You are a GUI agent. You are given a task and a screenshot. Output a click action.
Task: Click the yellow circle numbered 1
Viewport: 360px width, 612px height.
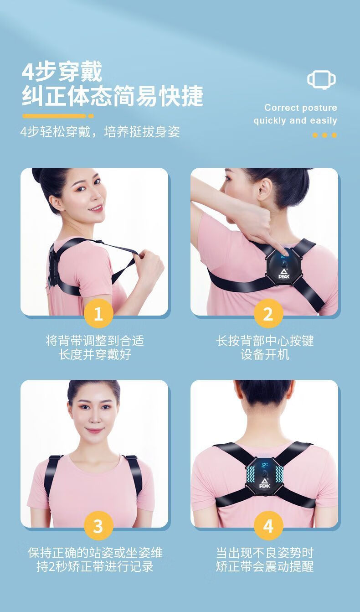(x=98, y=314)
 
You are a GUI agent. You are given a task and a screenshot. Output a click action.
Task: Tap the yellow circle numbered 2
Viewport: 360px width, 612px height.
(x=268, y=314)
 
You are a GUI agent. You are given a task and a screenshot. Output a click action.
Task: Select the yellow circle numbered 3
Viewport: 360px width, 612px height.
(x=98, y=526)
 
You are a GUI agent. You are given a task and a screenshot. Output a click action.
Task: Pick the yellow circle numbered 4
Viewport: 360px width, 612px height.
(x=268, y=526)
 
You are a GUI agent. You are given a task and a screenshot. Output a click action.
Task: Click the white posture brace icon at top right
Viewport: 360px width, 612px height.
(x=321, y=79)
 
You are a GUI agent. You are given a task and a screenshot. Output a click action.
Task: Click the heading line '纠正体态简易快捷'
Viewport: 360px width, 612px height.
(x=113, y=96)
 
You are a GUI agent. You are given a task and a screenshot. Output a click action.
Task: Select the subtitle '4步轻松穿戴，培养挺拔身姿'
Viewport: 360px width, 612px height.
(x=100, y=132)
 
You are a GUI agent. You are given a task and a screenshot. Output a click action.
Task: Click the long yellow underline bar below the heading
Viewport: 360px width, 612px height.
(x=54, y=116)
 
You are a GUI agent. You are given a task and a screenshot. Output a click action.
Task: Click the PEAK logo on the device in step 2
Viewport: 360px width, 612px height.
(x=284, y=274)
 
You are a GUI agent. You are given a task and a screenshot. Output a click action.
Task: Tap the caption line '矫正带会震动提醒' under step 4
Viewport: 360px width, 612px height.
(x=265, y=566)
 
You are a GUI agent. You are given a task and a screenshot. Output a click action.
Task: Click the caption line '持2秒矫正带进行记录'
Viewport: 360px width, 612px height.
(x=95, y=566)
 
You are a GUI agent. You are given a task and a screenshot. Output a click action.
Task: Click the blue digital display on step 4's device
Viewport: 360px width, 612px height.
(x=264, y=465)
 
